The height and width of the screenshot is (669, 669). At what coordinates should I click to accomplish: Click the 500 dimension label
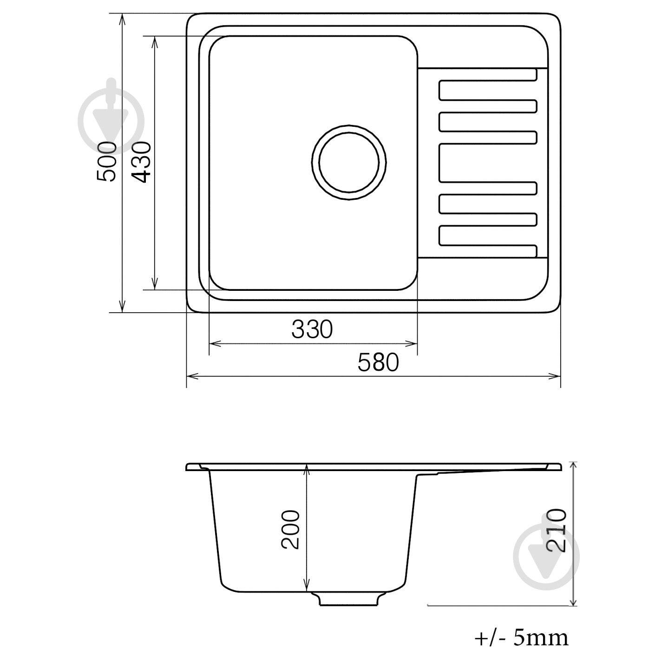[106, 161]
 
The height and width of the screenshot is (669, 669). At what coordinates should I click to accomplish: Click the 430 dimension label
[141, 162]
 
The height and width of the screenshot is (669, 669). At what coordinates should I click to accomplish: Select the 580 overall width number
[378, 362]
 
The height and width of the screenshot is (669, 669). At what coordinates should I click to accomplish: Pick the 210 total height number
[556, 535]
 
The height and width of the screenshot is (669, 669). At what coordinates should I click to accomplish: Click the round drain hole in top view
[349, 162]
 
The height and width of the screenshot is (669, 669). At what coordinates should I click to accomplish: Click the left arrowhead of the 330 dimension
[215, 344]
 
